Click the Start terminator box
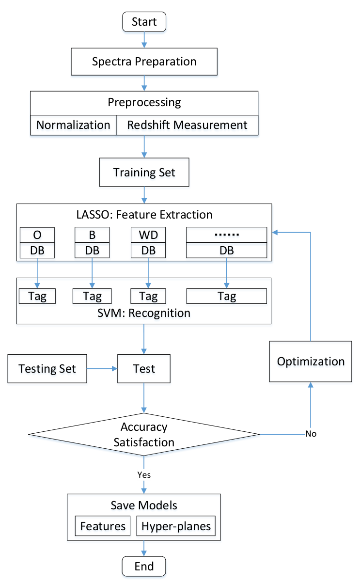pos(144,22)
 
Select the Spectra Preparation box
pos(144,62)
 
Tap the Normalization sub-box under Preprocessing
pos(73,125)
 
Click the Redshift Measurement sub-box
pos(187,125)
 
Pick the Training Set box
pos(144,172)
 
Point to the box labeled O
pos(37,235)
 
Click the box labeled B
pos(92,235)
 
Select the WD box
pos(148,235)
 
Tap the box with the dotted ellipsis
pos(226,235)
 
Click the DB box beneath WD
pos(148,251)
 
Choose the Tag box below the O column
pos(37,296)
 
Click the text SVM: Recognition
pos(144,313)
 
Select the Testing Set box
pos(47,368)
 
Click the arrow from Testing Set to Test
pos(102,368)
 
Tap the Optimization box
pos(311,362)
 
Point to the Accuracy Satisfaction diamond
pos(144,434)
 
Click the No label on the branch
pos(311,434)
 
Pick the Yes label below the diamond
pos(144,475)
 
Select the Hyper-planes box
pos(176,526)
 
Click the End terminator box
pos(144,567)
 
